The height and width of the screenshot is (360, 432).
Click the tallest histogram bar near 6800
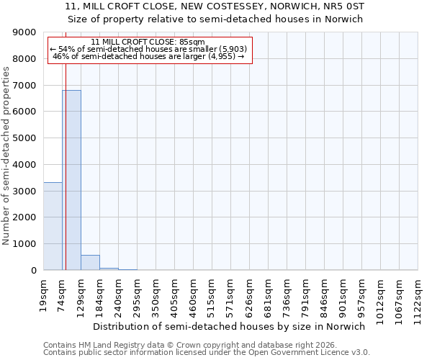pyautogui.click(x=71, y=180)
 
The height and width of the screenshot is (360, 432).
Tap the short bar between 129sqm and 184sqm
pyautogui.click(x=90, y=263)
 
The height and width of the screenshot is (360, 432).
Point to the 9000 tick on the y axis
pyautogui.click(x=27, y=32)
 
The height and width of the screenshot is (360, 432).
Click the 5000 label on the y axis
pyautogui.click(x=27, y=138)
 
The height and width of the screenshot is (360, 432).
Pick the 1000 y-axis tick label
pyautogui.click(x=27, y=244)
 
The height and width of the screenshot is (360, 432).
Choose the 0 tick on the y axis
pyautogui.click(x=33, y=271)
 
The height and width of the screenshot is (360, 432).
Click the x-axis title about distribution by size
pyautogui.click(x=230, y=326)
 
